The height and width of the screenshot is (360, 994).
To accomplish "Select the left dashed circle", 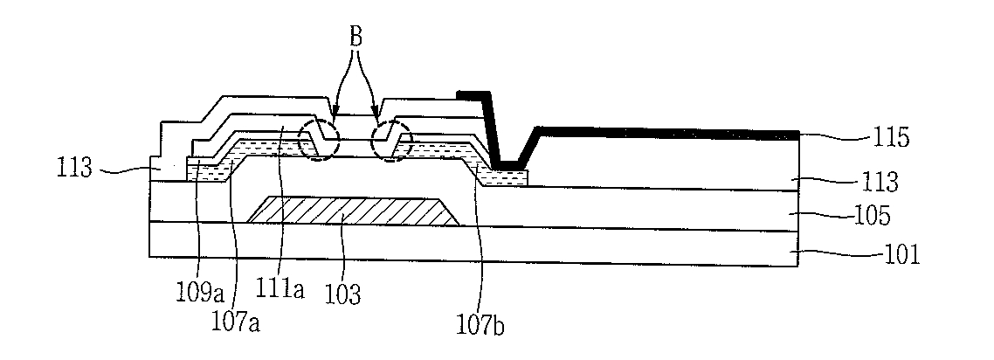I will point(317,140).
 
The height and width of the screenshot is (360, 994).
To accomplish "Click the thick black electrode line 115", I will point(664,132).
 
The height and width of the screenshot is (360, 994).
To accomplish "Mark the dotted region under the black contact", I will point(507,178).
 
